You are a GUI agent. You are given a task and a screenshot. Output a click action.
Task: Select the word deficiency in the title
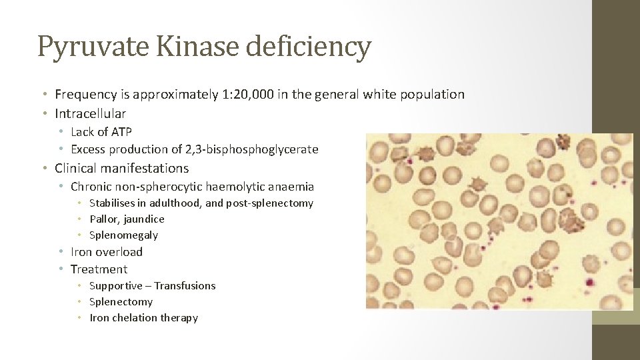point(309,47)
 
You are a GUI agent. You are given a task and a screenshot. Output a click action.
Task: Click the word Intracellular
point(91,113)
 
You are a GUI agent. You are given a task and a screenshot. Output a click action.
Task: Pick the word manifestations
point(142,169)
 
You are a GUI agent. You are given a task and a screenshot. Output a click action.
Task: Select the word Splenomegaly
point(123,235)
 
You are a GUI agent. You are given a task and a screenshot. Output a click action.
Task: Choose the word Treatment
point(99,269)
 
